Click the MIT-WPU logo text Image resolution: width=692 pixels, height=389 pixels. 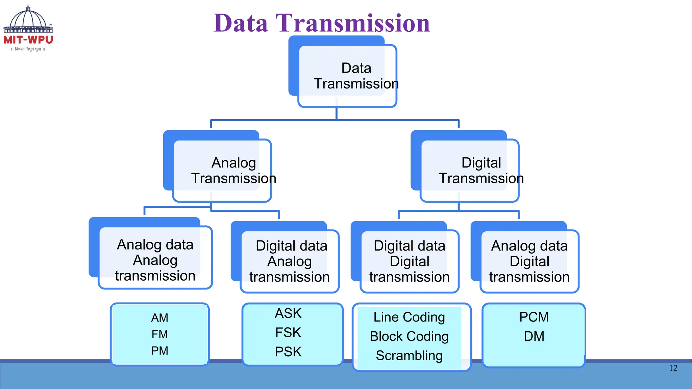pos(28,40)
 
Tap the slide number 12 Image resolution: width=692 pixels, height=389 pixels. pos(673,368)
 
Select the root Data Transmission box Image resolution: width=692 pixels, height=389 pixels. pos(347,76)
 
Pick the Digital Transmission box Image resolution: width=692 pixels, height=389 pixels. pos(470,171)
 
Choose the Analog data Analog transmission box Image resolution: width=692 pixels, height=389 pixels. pos(155,260)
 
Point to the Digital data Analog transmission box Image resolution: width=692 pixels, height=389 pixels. pos(290,261)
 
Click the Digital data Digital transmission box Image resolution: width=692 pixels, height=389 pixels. pos(410,261)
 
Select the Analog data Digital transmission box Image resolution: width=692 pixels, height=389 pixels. pos(529,261)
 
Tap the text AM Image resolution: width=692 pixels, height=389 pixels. pos(159,318)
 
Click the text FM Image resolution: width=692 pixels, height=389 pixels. pos(159,334)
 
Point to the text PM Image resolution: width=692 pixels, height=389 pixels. pos(159,351)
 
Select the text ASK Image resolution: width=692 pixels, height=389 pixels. pos(288,313)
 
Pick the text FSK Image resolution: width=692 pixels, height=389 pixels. pos(288,333)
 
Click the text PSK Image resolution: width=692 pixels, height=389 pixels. pos(288,352)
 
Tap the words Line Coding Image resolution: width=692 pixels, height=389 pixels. pos(409,317)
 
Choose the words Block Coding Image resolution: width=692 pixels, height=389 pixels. pos(409,336)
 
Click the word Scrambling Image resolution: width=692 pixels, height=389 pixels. pos(409,356)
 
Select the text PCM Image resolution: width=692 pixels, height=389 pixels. pos(534,317)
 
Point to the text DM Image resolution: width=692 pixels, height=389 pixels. pos(534,336)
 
